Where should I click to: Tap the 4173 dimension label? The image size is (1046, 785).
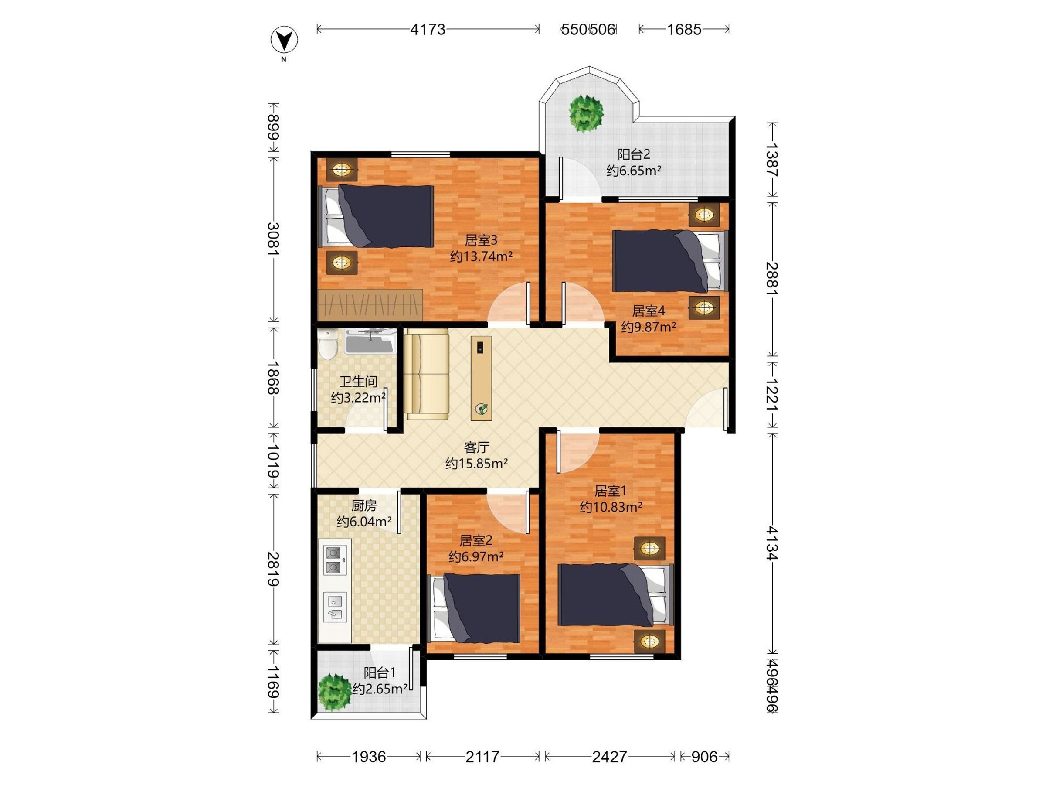point(428,30)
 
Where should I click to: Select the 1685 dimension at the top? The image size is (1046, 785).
point(684,30)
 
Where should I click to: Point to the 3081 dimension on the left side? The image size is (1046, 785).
point(273,239)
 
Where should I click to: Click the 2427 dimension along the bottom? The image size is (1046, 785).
point(610,757)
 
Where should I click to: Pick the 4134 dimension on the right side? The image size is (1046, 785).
point(772,543)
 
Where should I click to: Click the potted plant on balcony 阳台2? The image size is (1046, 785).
point(586,114)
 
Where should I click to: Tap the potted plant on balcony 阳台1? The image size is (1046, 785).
point(335,692)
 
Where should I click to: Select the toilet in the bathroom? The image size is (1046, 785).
point(327,344)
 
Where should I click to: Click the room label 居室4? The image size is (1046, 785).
point(649,311)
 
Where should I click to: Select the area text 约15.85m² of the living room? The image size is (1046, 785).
point(477,463)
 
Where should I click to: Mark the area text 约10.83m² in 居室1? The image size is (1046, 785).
point(611,507)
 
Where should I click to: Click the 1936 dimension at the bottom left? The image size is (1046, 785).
point(369,757)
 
